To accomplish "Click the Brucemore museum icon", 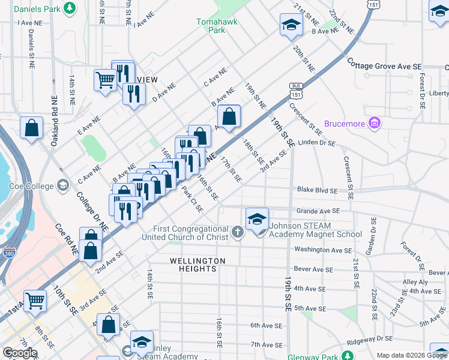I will coord(375,124).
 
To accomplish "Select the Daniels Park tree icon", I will coord(70,8).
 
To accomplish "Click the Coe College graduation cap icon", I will coord(62,185).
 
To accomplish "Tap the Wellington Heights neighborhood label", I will coord(197,265).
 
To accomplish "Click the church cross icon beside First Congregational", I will coord(237,232).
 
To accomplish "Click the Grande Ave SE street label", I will coord(318,211).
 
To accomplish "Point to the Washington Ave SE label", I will coord(323,250).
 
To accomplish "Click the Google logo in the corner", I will coord(20,352).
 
